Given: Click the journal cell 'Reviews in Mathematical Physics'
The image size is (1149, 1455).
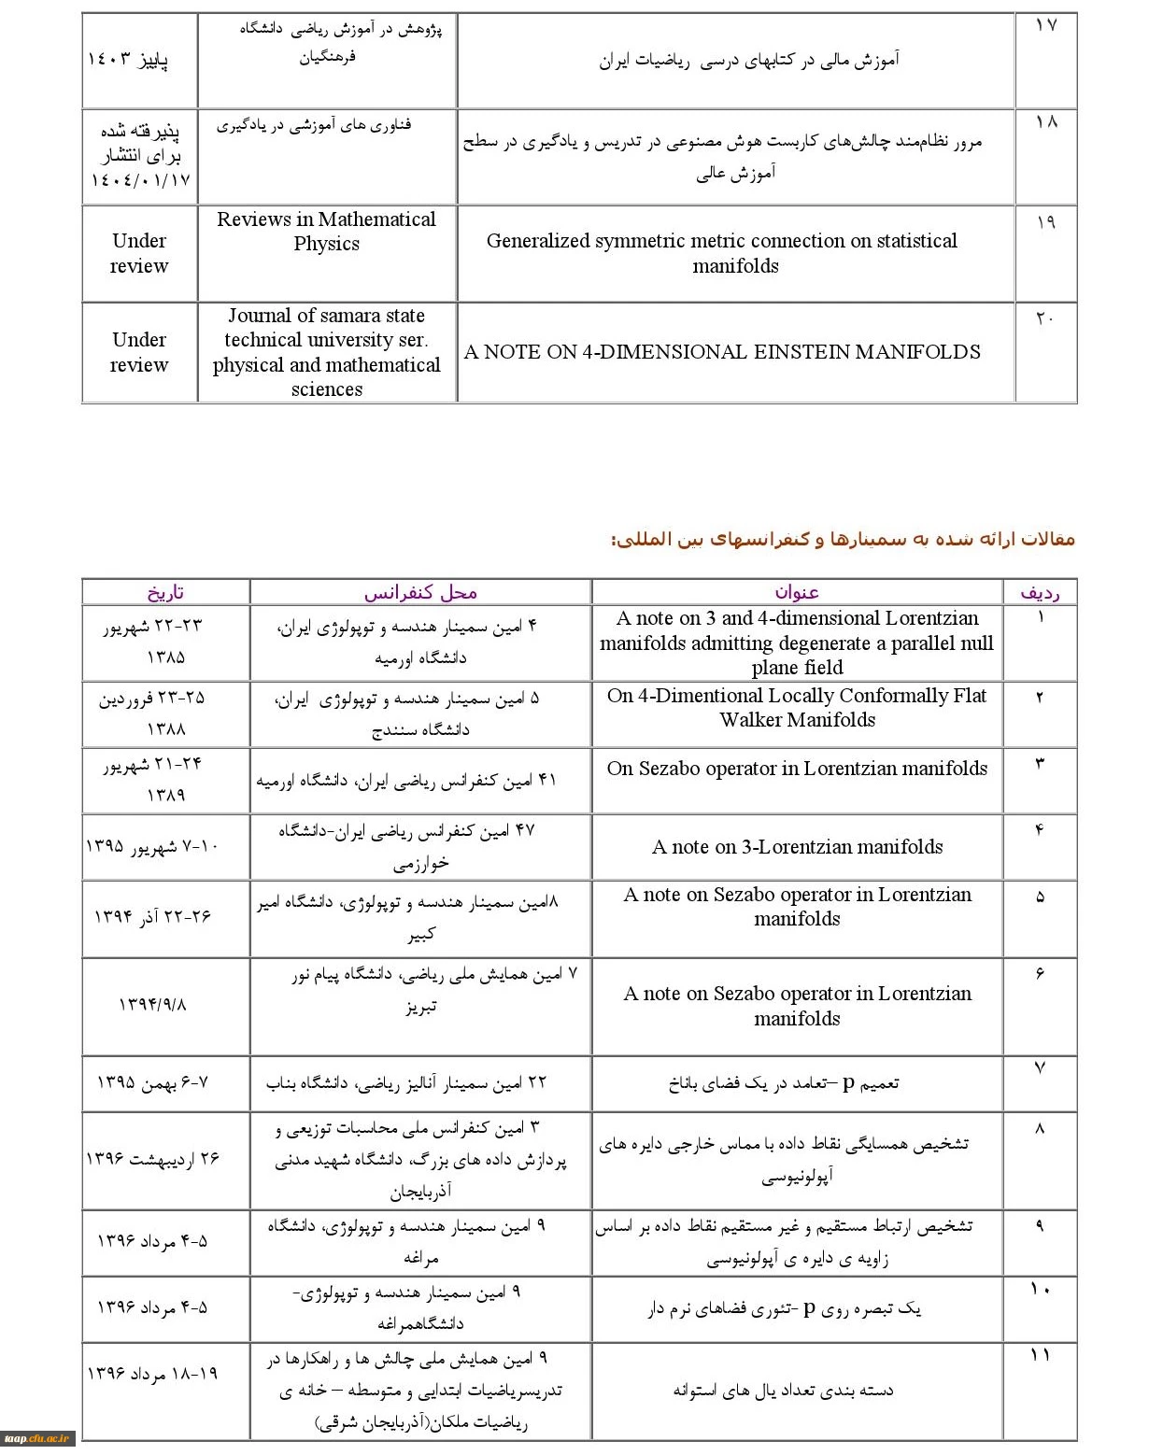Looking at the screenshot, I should (326, 232).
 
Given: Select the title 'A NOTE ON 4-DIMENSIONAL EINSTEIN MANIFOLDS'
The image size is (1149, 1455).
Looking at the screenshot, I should (722, 352).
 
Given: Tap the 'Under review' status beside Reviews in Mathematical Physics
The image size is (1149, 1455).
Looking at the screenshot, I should (139, 253).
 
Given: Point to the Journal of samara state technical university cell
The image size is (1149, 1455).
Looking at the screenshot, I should (326, 352).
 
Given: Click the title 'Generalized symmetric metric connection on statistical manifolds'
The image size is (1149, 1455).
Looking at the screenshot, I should (722, 253).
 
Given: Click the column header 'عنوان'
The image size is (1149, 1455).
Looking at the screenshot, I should (797, 592).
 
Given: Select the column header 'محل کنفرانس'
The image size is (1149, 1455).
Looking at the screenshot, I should (420, 592).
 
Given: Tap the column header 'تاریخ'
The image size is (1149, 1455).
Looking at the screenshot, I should (165, 592).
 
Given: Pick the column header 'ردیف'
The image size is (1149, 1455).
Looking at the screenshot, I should (1040, 592).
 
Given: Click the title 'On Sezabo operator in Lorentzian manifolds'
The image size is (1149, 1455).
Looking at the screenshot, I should (797, 769).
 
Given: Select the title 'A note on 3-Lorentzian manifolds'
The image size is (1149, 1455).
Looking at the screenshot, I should (797, 847).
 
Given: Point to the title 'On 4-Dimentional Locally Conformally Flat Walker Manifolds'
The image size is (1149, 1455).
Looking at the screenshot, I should (797, 707).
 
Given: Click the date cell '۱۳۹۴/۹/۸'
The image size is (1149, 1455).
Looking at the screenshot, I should (152, 1004).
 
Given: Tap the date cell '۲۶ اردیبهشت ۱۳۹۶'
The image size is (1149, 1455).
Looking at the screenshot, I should (152, 1158).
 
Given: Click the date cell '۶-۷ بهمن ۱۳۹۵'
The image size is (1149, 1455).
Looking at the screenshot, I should (152, 1082).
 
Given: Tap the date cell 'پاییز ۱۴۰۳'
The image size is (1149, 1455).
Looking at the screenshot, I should (128, 61).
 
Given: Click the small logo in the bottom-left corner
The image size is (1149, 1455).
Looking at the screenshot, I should (37, 1439).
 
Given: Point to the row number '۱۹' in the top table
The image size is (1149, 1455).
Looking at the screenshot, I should (1045, 221).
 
